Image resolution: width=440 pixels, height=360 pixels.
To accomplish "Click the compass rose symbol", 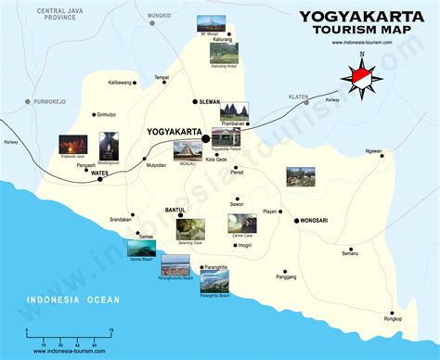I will [x=363, y=79].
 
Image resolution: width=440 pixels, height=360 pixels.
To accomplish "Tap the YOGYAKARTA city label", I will [x=176, y=132].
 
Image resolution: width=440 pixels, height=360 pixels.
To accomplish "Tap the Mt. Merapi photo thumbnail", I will [x=210, y=25].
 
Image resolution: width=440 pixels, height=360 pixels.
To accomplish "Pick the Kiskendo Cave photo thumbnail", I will [x=73, y=146].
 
